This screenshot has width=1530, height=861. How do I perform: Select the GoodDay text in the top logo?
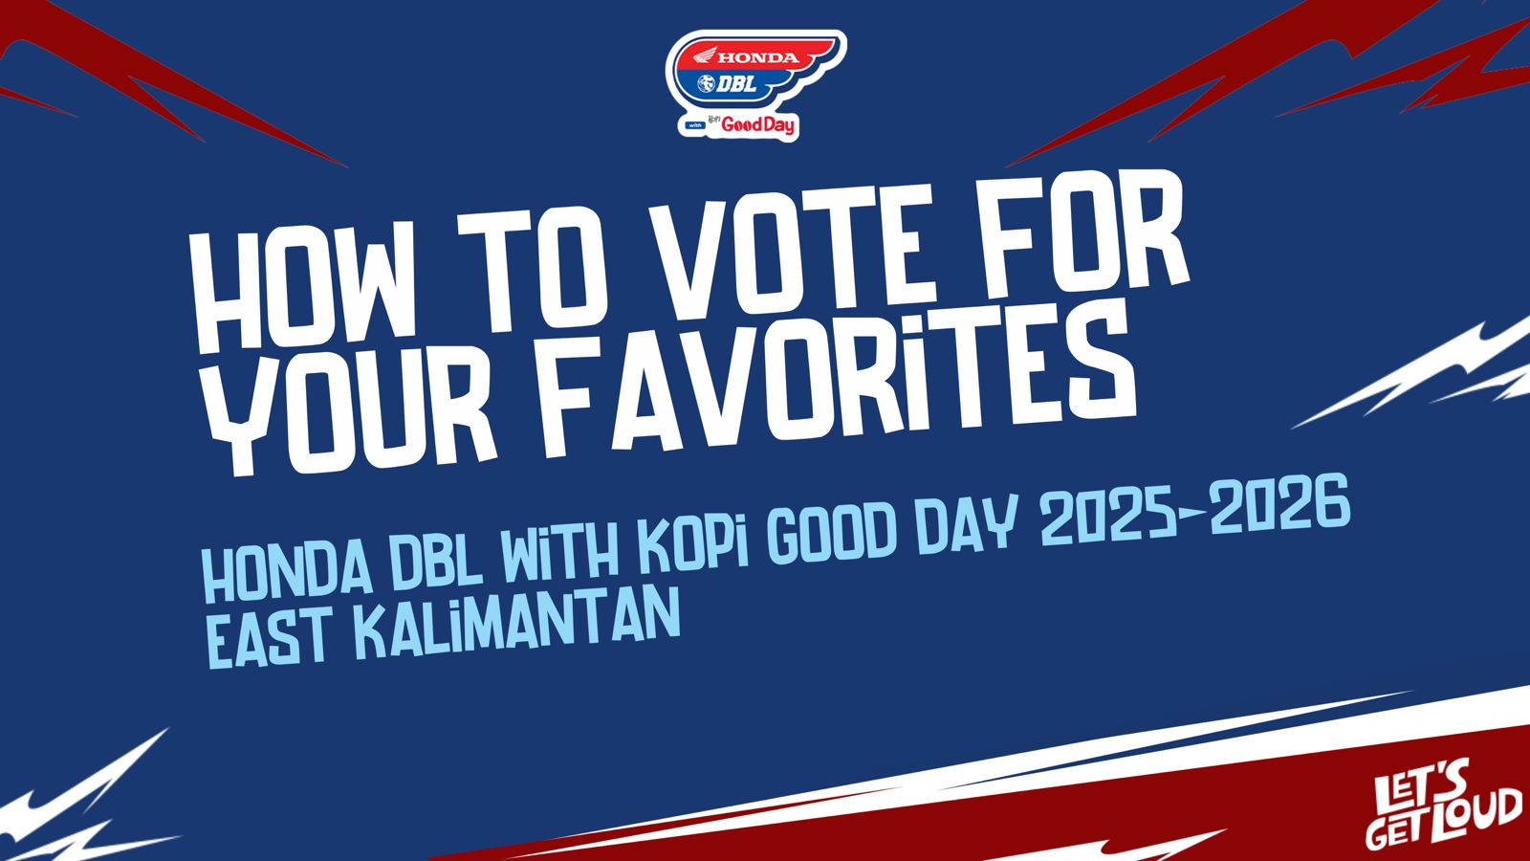click(758, 125)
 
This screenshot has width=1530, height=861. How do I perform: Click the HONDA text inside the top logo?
click(758, 58)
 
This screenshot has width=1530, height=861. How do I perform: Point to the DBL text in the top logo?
click(736, 84)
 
